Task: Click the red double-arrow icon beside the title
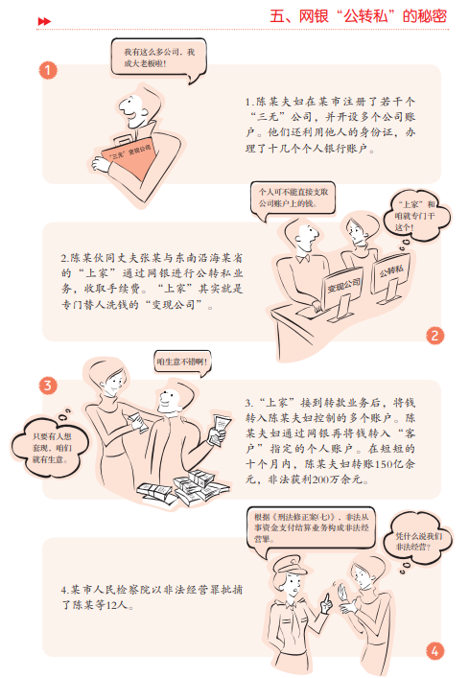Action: pos(44,21)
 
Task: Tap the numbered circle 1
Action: pos(48,70)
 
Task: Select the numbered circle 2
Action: pos(434,336)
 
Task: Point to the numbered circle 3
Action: pos(48,386)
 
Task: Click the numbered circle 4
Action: pos(434,651)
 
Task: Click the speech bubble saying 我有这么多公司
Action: pos(158,58)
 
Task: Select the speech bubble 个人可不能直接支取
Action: pos(293,199)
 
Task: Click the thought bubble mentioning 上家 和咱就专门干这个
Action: pos(416,216)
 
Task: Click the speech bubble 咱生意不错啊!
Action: pos(182,362)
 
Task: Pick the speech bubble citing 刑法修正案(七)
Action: pos(312,528)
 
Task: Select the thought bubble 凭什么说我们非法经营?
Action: pos(418,541)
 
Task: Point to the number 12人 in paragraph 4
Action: pos(117,605)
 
